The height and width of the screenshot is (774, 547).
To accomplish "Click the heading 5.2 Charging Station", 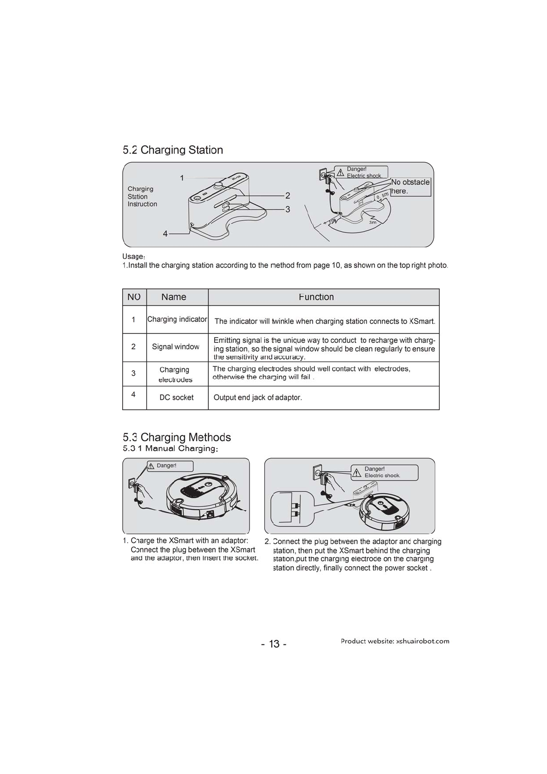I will pos(173,150).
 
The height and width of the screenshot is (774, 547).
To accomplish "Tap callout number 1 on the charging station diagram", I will pos(182,178).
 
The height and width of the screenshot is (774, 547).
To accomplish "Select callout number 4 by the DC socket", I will pos(165,234).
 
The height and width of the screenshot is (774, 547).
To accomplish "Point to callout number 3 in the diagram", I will pos(288,210).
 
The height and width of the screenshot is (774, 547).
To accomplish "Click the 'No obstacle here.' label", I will pos(410,187).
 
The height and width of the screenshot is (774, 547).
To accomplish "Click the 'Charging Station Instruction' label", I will pos(142,196).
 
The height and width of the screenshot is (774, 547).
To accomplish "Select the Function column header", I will pos(316,297).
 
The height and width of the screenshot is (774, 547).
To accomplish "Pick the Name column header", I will pos(174,297).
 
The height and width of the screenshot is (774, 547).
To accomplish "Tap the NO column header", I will pos(134,297).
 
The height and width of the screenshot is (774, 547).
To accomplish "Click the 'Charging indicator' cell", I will pos(177,319).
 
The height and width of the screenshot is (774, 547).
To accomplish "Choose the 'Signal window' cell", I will pos(176,347).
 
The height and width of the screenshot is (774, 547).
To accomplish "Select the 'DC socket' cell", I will pos(177,398).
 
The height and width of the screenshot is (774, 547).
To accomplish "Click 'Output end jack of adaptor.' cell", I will pos(258,398).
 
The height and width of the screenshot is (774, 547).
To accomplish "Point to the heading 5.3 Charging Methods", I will pos(177,437).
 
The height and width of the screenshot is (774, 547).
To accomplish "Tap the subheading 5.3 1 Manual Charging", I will pos(170,449).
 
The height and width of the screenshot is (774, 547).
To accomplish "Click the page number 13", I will pos(274,644).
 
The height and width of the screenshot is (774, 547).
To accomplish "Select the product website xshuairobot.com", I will pos(395,641).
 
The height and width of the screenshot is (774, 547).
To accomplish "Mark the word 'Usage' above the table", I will pos(134,256).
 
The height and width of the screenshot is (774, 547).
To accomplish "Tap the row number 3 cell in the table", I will pos(133,373).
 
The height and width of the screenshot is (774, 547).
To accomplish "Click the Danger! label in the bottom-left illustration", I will pos(166,466).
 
